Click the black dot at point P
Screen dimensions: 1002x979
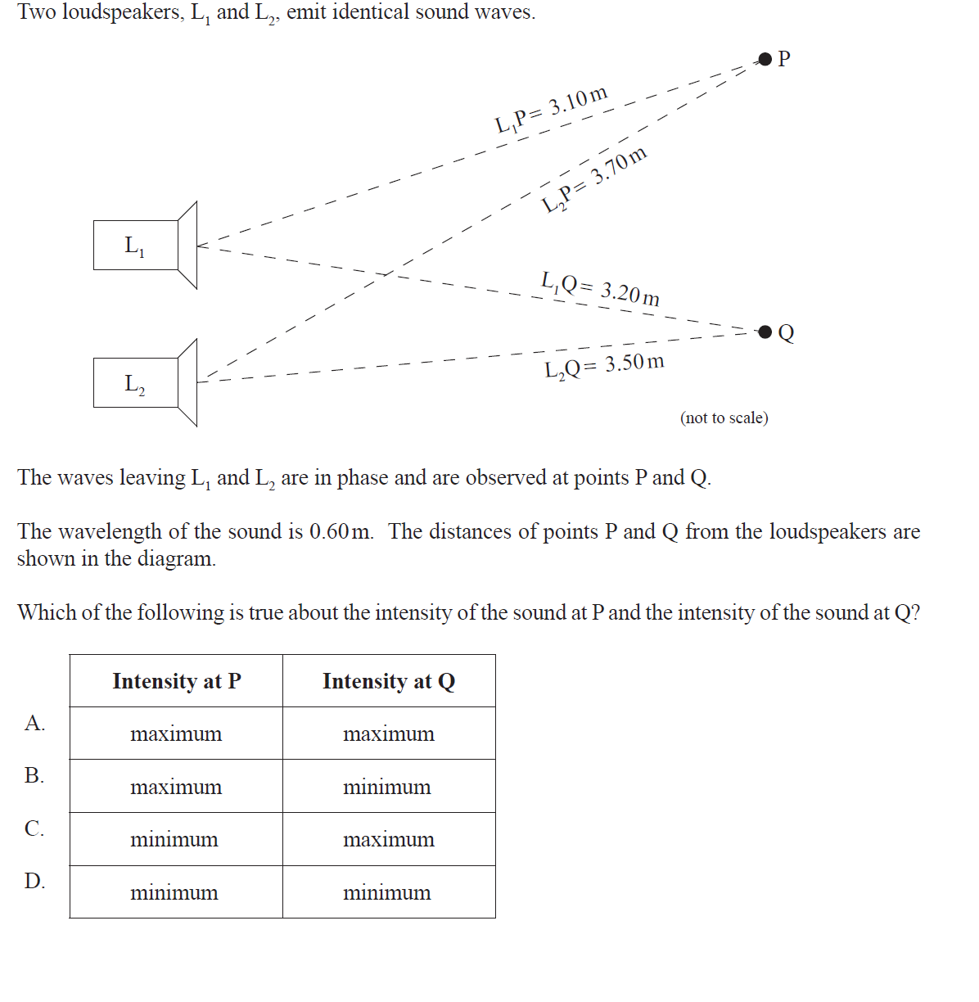(x=765, y=58)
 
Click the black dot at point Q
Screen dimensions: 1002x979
(x=765, y=332)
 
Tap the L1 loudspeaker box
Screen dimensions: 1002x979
(x=136, y=245)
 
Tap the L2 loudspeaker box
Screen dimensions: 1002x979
(x=136, y=382)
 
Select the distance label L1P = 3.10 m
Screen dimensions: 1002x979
(x=552, y=110)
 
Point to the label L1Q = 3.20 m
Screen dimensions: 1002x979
(x=600, y=288)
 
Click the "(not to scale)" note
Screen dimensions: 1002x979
(x=724, y=417)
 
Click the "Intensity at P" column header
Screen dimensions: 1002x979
(x=177, y=681)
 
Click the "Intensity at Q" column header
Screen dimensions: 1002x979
(x=389, y=681)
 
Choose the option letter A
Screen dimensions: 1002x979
(x=34, y=723)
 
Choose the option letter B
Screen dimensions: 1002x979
(x=34, y=775)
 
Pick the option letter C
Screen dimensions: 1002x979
(x=34, y=828)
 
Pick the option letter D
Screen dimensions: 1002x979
(x=34, y=881)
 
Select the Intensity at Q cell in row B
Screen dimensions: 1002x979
(x=387, y=788)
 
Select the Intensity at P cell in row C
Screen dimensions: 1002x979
(x=174, y=840)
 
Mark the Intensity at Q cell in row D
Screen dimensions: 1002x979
(x=387, y=893)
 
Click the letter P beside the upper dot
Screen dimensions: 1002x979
(x=784, y=58)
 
